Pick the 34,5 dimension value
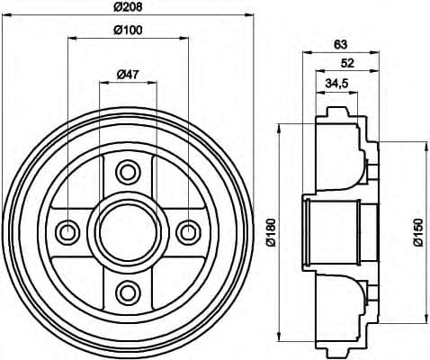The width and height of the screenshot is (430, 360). pyautogui.click(x=336, y=84)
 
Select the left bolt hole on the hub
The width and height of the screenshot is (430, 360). pyautogui.click(x=67, y=231)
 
